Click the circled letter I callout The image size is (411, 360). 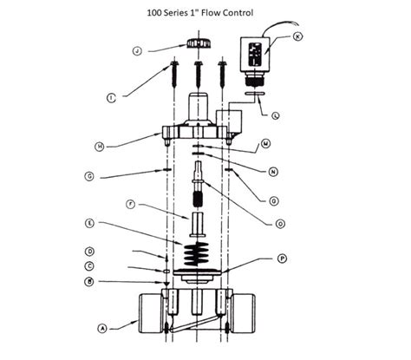click(x=111, y=98)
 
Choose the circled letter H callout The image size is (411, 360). click(x=101, y=147)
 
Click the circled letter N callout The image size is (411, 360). click(x=276, y=172)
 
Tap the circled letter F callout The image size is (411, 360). click(x=129, y=205)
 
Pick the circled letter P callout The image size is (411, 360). click(x=281, y=259)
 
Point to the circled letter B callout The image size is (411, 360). click(x=114, y=282)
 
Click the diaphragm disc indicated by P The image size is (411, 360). click(x=199, y=276)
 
